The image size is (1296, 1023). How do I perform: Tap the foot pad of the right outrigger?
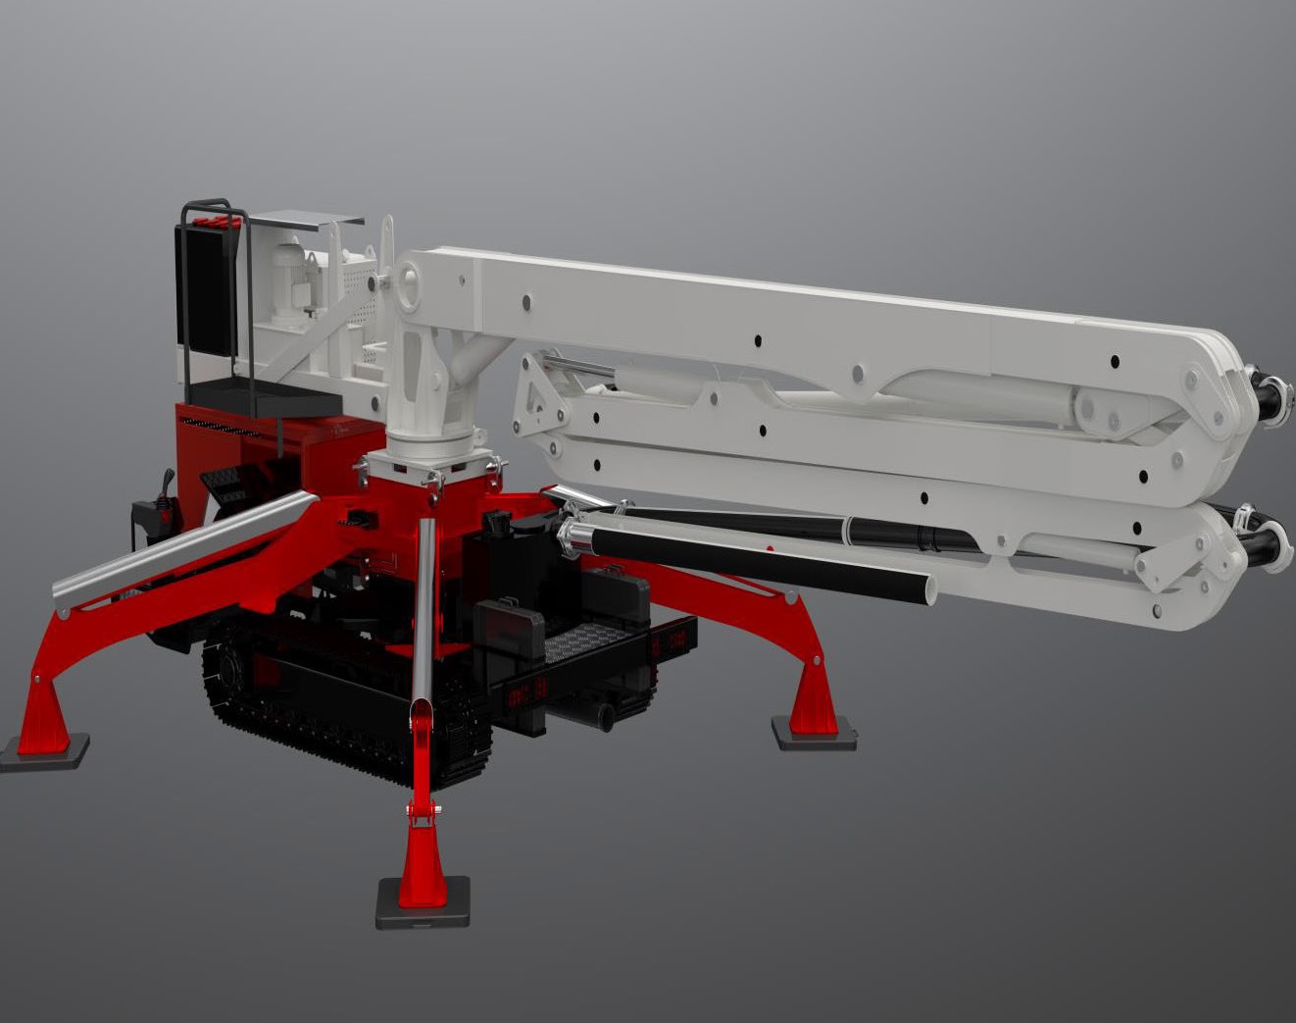(x=813, y=731)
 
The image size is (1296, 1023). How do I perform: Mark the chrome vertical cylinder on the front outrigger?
(x=423, y=608)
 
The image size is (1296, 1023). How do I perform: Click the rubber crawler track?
(x=324, y=721)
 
